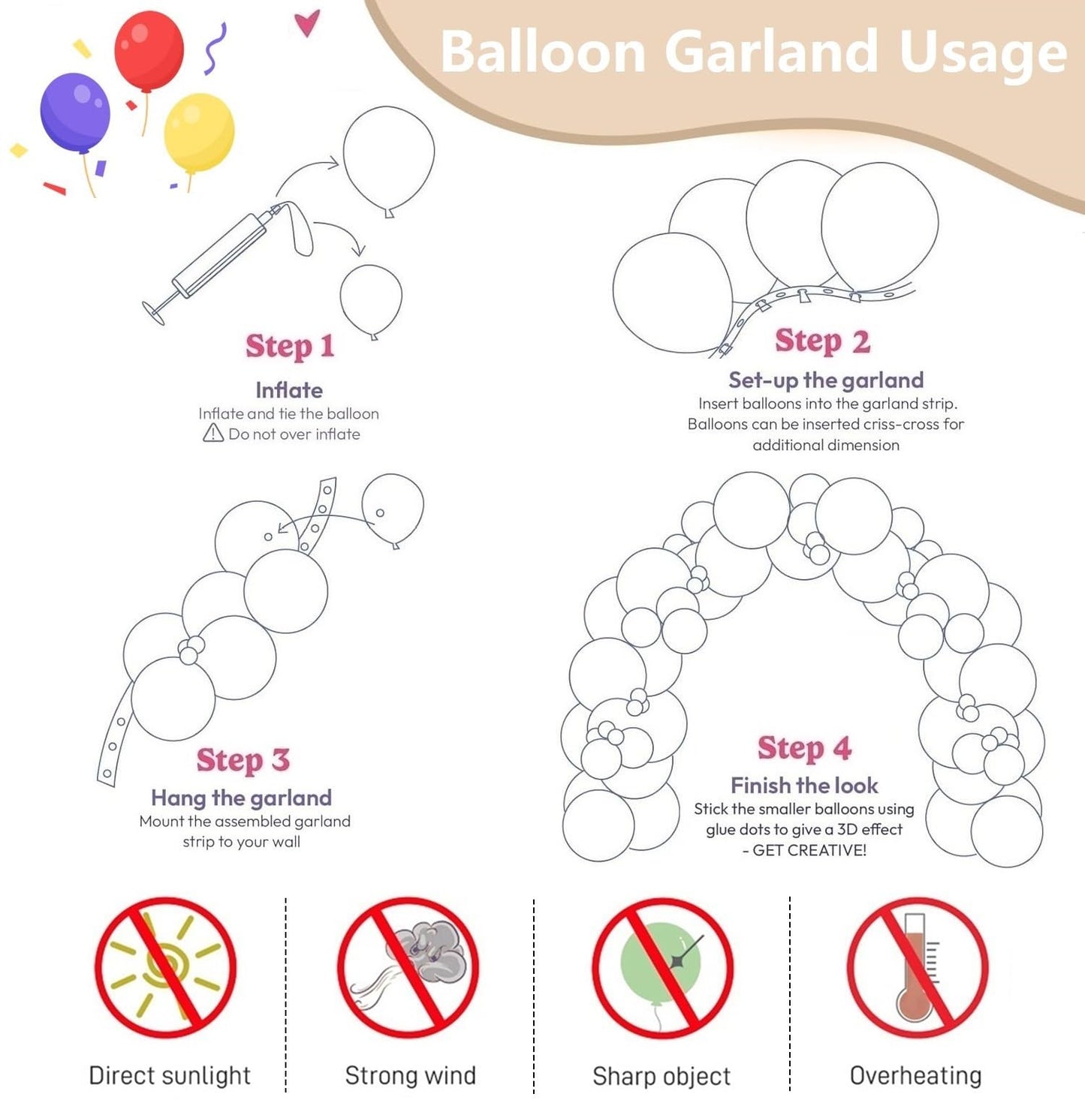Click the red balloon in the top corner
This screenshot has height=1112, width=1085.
[x=149, y=51]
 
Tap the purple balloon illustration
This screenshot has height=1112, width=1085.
[x=75, y=113]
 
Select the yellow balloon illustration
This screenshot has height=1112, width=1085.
[x=199, y=132]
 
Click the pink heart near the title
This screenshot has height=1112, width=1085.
[x=307, y=23]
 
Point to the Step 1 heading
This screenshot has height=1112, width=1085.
[x=290, y=347]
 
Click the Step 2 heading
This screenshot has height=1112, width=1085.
[x=822, y=341]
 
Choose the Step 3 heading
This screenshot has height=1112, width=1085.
[x=243, y=760]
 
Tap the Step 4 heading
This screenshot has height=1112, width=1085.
[x=804, y=748]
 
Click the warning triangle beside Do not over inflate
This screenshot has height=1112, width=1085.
[x=213, y=434]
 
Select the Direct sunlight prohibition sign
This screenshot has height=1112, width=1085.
[x=165, y=967]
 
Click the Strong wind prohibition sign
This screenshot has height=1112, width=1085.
[x=408, y=967]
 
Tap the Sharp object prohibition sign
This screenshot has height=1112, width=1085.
[x=662, y=967]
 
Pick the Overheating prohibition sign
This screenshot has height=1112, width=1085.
[x=917, y=967]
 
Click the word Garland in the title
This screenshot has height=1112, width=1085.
[x=771, y=53]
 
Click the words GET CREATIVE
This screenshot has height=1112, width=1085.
[x=809, y=850]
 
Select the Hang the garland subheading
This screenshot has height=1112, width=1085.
[x=241, y=798]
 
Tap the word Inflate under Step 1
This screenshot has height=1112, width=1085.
[x=289, y=390]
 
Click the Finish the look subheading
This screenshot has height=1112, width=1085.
[x=804, y=786]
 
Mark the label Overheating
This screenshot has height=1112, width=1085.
[x=915, y=1076]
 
